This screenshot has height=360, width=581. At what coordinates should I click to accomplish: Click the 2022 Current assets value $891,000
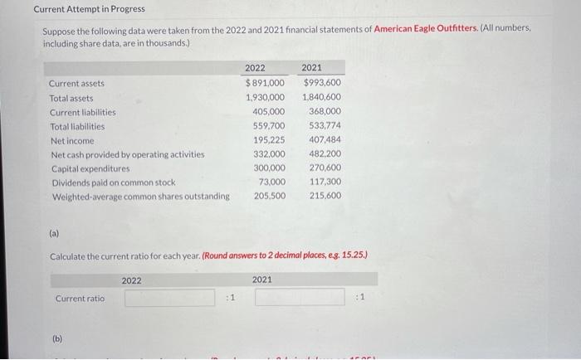click(x=265, y=83)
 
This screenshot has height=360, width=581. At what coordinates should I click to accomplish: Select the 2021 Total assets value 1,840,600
click(x=322, y=97)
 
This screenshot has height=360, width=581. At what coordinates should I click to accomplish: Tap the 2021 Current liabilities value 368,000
click(x=325, y=111)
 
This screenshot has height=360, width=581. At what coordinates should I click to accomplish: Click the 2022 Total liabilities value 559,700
click(x=268, y=126)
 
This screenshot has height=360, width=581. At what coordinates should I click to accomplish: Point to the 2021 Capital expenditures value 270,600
click(x=325, y=168)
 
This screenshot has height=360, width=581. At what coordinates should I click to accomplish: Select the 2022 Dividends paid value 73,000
click(x=272, y=182)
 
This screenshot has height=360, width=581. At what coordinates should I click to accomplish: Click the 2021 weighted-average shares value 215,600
click(x=325, y=197)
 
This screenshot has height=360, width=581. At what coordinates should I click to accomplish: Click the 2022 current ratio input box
click(x=170, y=297)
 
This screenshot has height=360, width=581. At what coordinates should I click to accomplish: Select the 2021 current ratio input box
click(x=300, y=297)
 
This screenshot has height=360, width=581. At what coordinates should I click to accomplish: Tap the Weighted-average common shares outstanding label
click(x=140, y=197)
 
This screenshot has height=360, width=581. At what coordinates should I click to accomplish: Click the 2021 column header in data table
click(x=312, y=68)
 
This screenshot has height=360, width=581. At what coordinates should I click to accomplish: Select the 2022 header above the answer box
click(x=132, y=280)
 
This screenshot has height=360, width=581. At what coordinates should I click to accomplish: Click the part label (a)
click(x=55, y=235)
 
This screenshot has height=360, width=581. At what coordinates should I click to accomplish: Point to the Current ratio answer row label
click(x=80, y=298)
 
